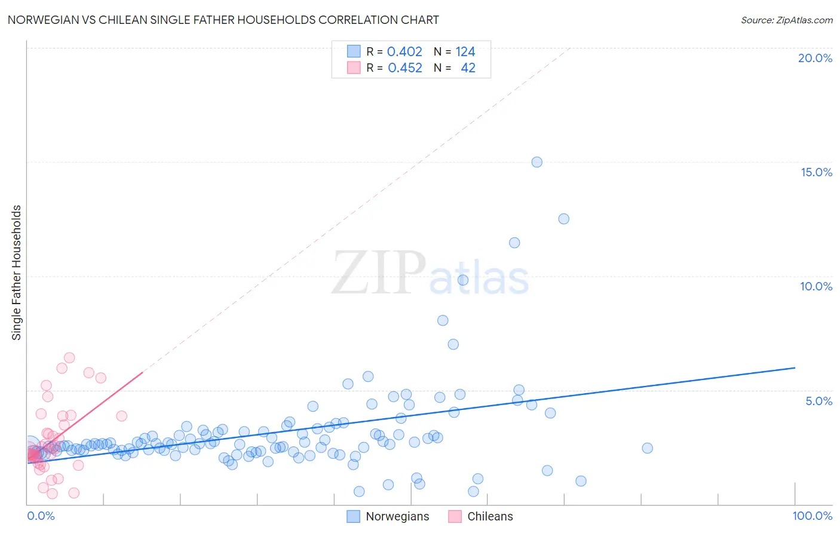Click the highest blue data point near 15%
point(537,162)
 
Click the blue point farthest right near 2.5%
point(647,448)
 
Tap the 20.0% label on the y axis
point(815,58)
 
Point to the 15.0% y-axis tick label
point(816,172)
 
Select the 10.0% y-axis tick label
point(816,286)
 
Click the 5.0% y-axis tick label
point(818,401)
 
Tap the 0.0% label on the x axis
point(41,516)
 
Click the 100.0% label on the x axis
point(812,516)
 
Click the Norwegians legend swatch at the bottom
point(354,516)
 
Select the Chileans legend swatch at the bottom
point(455,516)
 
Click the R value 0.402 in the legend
point(404,52)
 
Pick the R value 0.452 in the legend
point(405,68)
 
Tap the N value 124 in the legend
point(465,52)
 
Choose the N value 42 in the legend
point(468,68)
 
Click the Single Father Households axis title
point(17,272)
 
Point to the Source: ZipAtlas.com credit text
point(786,20)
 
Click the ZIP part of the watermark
point(379,273)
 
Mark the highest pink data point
point(69,358)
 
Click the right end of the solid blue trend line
point(795,368)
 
